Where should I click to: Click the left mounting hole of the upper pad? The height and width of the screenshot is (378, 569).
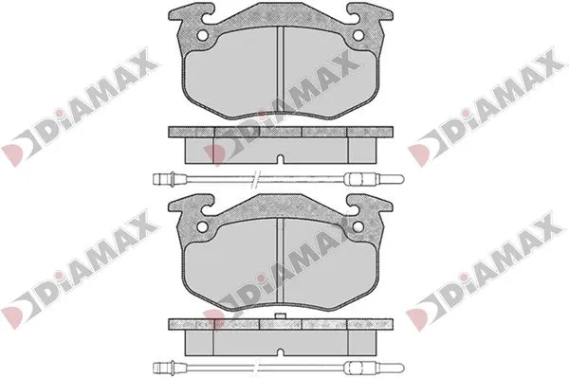click(x=203, y=35)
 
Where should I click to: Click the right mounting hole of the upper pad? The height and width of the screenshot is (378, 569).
click(x=358, y=35)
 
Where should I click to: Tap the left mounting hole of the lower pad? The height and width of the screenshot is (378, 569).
click(x=203, y=226)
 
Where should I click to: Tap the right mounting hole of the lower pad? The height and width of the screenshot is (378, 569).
click(x=358, y=226)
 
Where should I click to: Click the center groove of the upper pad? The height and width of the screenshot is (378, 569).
click(x=280, y=70)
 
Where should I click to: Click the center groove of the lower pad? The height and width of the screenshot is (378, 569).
click(x=280, y=261)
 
